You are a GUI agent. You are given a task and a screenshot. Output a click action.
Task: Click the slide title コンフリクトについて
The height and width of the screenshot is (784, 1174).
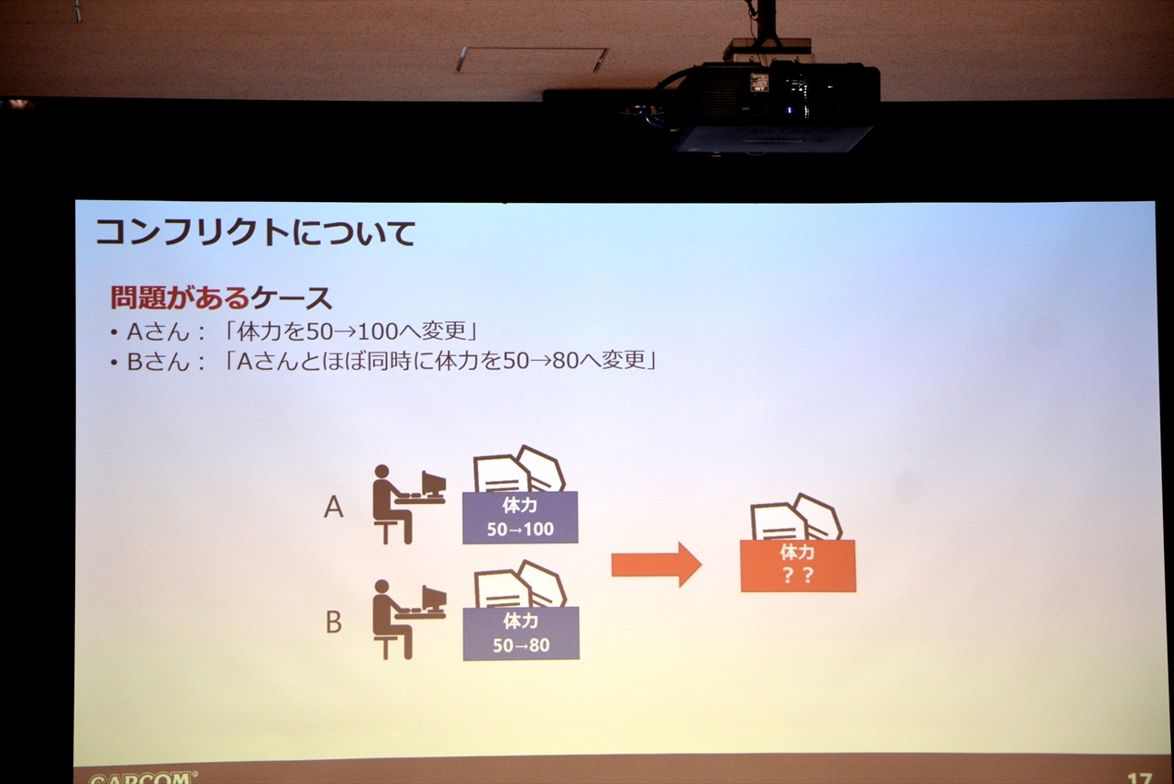(x=255, y=232)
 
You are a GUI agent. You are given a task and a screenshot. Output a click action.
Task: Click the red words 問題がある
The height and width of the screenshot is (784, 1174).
(x=180, y=297)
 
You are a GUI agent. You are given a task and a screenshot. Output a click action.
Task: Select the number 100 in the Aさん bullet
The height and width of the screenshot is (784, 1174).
(x=376, y=331)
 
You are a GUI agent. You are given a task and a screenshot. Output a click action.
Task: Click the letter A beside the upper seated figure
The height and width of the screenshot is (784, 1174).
(x=334, y=508)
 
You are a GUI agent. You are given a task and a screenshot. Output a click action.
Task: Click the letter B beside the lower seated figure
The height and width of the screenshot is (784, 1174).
(x=334, y=622)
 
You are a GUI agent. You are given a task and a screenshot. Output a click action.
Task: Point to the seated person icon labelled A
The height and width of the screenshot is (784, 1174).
(x=409, y=504)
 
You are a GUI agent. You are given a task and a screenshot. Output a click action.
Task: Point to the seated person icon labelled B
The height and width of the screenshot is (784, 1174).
(x=409, y=620)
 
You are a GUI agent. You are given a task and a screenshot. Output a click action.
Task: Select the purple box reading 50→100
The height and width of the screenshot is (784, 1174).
(x=520, y=518)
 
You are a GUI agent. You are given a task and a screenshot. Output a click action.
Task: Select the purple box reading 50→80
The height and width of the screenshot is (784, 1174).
(x=521, y=633)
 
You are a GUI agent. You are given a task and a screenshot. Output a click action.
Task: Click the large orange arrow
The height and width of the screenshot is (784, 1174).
(x=656, y=565)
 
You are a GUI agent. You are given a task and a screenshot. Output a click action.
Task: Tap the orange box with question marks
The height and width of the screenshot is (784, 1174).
(x=798, y=566)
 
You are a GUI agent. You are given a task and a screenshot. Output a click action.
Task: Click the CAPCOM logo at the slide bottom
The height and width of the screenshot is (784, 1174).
(x=141, y=778)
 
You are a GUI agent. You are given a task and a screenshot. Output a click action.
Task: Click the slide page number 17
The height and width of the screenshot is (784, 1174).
(x=1139, y=778)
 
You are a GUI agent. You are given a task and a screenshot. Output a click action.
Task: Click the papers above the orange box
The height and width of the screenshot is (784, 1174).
(x=795, y=518)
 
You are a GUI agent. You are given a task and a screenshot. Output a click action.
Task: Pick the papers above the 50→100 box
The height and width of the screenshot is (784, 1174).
(x=519, y=469)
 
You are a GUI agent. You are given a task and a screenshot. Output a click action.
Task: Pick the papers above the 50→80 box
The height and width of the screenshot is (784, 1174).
(x=520, y=584)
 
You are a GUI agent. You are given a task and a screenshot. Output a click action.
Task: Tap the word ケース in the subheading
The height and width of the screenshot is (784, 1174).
(x=292, y=298)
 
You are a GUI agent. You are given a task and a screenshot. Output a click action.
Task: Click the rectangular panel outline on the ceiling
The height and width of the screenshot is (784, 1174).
(x=532, y=60)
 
